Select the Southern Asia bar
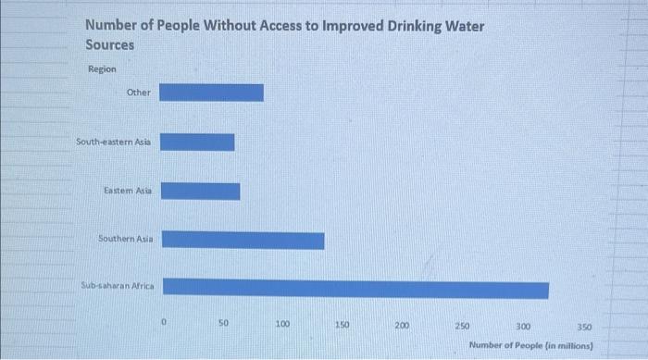point(243,240)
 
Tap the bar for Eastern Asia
point(200,191)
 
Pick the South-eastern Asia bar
point(197,142)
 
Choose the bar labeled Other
point(212,93)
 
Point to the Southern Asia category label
point(126,239)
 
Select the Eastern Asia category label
point(129,191)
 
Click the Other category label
point(138,93)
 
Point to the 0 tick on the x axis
point(163,323)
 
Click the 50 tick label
point(223,324)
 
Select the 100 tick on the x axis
point(282,325)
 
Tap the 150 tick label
point(343,326)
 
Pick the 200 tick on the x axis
point(402,326)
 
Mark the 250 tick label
point(462,327)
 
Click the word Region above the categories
point(102,68)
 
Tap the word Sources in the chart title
point(109,44)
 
